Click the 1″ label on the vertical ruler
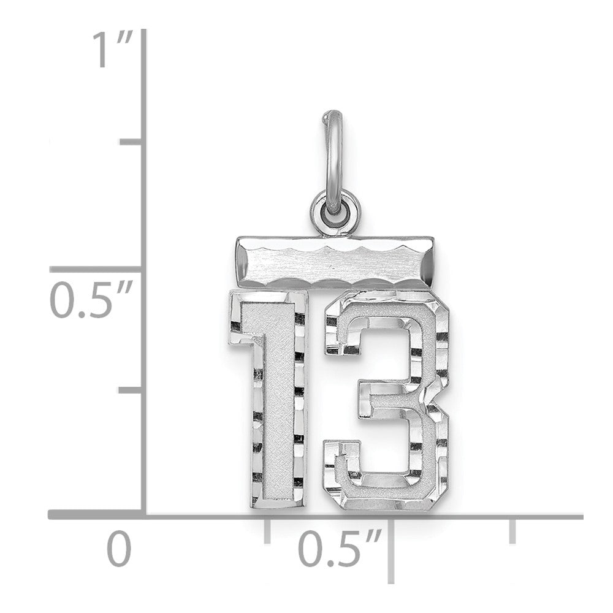111,51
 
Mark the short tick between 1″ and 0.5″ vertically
131,142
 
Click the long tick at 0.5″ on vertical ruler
98,269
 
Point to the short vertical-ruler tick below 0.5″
131,389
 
